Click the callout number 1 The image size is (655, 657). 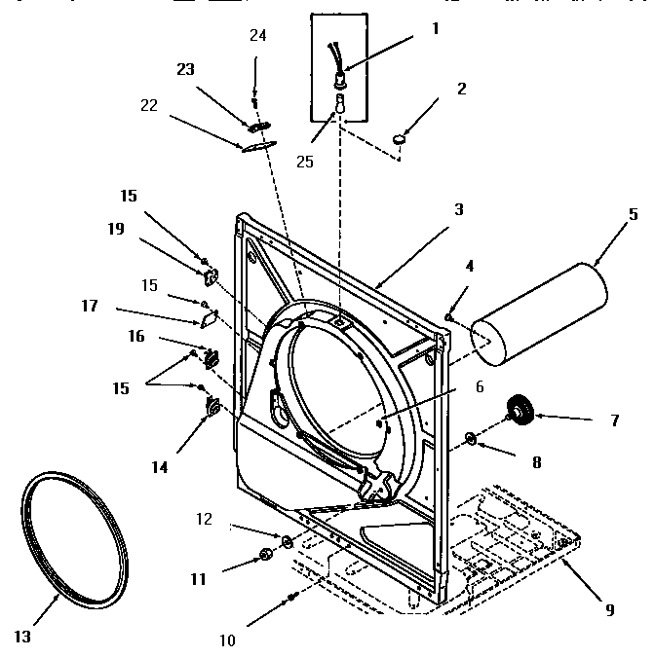pyautogui.click(x=435, y=28)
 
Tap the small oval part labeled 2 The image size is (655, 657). pyautogui.click(x=401, y=140)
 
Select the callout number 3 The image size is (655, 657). pyautogui.click(x=458, y=209)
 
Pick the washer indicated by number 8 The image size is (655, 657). pyautogui.click(x=472, y=438)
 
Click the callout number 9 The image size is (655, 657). pyautogui.click(x=609, y=610)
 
